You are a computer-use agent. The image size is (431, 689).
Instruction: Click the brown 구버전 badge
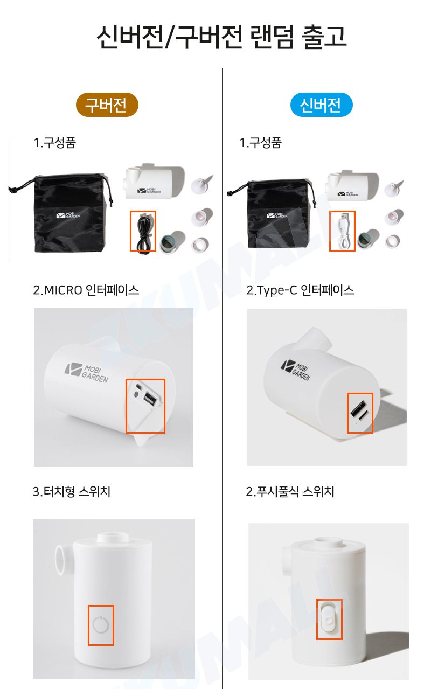point(107,105)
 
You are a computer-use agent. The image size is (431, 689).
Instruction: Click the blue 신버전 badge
point(321,105)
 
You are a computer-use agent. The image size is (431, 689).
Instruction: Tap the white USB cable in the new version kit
point(343,231)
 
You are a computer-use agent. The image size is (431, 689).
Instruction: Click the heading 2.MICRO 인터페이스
point(86,290)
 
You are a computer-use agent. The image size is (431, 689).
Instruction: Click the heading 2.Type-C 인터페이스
point(300,290)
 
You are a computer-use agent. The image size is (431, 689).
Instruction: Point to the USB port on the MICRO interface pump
point(150,400)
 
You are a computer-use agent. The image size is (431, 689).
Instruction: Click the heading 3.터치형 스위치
point(71,491)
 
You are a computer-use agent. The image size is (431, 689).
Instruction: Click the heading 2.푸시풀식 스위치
point(290,491)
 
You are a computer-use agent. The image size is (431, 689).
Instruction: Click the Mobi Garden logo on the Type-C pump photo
point(296,370)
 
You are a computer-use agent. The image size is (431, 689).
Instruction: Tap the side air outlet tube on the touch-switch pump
point(64,560)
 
